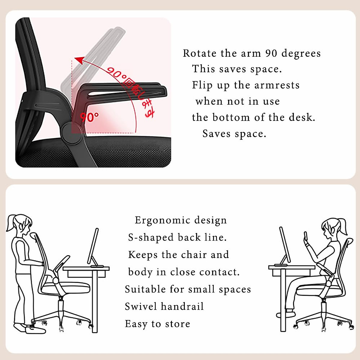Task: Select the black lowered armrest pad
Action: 126,90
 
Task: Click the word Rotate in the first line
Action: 199,53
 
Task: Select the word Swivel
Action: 141,307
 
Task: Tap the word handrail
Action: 182,307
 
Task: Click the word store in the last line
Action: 178,324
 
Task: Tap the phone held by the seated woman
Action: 306,235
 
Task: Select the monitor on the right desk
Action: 285,244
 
